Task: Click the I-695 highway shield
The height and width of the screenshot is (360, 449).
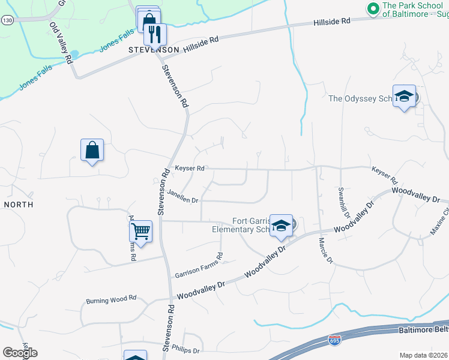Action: [x=334, y=341]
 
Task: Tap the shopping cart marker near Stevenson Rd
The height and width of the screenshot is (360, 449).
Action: [x=140, y=230]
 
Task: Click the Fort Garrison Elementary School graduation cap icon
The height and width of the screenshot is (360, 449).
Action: [x=280, y=225]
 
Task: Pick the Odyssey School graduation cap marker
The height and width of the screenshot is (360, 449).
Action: [x=404, y=95]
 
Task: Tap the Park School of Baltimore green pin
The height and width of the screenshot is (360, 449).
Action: [x=372, y=8]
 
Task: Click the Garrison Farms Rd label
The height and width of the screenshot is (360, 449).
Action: [x=199, y=265]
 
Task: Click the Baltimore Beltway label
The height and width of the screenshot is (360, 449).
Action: [x=423, y=330]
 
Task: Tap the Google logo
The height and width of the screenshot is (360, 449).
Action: [x=20, y=353]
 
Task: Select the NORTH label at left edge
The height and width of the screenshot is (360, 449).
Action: [x=18, y=205]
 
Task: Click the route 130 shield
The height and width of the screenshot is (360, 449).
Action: [x=7, y=20]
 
